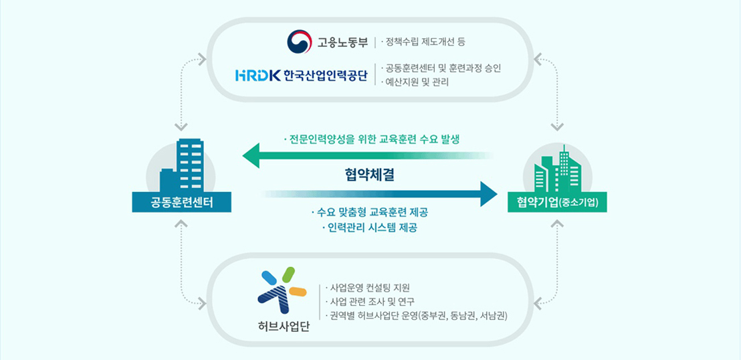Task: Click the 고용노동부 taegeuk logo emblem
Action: pos(299,41)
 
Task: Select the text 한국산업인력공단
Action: pos(326,75)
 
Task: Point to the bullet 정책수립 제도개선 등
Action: pos(423,42)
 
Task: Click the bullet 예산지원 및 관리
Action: pos(415,82)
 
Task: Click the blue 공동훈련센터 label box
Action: pos(182,202)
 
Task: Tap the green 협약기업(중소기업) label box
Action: pos(557,202)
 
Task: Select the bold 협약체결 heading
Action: pos(370,176)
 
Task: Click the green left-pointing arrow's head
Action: pos(251,155)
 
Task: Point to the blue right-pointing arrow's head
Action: pos(489,194)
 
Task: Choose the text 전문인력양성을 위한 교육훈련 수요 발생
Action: pos(371,140)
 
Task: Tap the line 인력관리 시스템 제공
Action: pos(370,228)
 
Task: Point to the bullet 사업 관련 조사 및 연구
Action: pos(370,301)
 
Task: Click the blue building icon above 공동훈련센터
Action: pos(182,165)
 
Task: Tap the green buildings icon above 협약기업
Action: pos(557,168)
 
